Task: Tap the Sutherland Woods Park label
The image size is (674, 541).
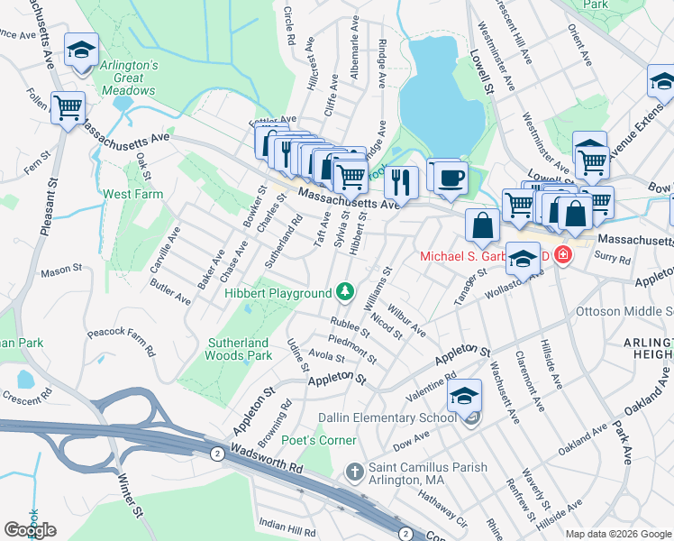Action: coord(240,349)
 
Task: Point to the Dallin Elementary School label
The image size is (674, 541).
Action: coord(387,417)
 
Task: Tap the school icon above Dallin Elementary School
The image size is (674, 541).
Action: coord(464,397)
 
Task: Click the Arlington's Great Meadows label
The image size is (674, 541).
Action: coord(128,78)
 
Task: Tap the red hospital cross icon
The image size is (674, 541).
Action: coord(563,255)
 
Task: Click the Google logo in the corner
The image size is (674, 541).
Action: coord(30,529)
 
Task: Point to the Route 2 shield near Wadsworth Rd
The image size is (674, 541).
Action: coord(216,453)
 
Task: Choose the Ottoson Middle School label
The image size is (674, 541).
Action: coord(624,312)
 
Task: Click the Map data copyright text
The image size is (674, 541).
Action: coord(618,534)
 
